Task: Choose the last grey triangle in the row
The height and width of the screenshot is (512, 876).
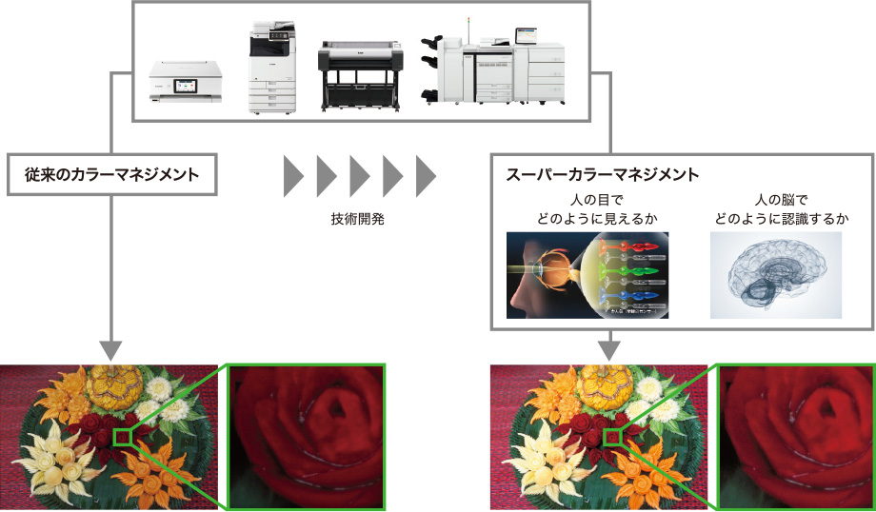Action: (x=425, y=175)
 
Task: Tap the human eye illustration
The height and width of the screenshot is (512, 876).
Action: (x=587, y=276)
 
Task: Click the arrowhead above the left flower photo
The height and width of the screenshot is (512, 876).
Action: (x=112, y=351)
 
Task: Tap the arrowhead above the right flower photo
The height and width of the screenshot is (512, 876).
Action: (x=607, y=351)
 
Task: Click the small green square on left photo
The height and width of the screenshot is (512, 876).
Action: (x=121, y=437)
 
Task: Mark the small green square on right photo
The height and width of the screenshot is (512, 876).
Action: (x=613, y=437)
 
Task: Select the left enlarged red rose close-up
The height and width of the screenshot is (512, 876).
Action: (x=304, y=435)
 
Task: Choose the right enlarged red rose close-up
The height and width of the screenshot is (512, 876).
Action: (x=796, y=435)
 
